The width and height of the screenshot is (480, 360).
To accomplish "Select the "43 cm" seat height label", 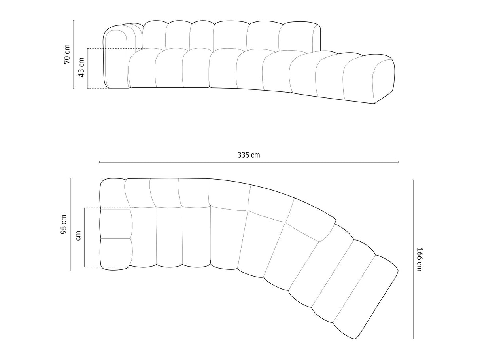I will point(81,68).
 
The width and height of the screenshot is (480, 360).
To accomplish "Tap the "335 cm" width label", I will point(249,155).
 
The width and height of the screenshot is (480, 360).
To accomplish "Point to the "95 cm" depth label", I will point(64,224).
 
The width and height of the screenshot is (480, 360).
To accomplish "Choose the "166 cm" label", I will point(420,259).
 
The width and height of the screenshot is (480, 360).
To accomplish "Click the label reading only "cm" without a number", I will point(78,236).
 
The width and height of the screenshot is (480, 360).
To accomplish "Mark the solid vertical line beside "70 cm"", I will point(74,54).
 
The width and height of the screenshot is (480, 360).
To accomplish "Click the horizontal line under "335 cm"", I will point(249,162).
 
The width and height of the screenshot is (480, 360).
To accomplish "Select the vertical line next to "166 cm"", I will point(413,259).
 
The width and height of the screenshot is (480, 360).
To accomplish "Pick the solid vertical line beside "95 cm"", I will point(70,224).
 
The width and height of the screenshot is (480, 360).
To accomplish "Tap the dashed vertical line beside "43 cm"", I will point(88,68).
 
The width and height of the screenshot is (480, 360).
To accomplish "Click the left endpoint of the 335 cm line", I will point(100,162).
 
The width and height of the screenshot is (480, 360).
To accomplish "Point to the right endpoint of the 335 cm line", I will point(398,162).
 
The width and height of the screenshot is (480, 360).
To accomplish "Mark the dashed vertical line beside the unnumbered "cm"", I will point(85,237).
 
